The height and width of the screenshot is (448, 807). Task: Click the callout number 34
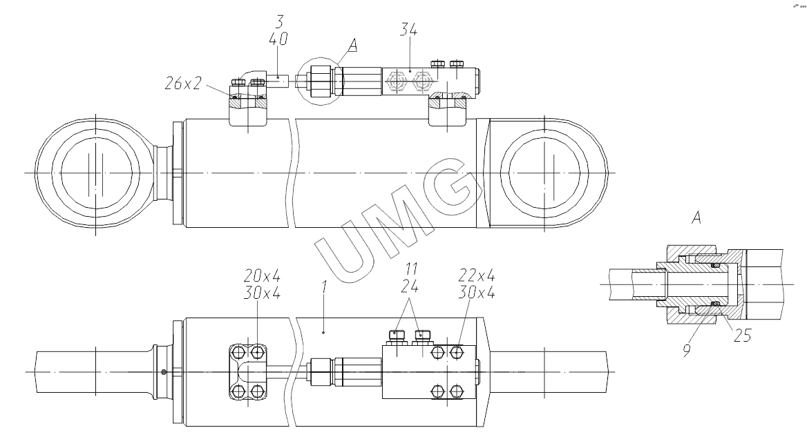[408, 30]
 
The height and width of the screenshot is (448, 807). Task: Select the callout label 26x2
[182, 84]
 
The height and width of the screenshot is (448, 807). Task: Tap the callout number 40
[278, 39]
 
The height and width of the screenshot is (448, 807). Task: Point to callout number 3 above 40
[279, 21]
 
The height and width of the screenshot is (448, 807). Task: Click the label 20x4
[262, 275]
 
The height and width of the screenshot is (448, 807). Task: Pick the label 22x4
[477, 275]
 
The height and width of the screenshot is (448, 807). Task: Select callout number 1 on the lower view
[324, 287]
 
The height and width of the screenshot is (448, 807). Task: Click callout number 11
[410, 269]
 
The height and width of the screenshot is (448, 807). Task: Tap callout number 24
[410, 286]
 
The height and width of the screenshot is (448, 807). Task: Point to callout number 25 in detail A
[743, 336]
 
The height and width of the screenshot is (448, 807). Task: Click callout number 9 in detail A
[687, 351]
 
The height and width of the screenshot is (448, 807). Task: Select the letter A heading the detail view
[696, 217]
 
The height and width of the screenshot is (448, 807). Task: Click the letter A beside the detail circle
[352, 46]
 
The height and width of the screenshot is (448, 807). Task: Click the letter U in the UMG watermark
[345, 249]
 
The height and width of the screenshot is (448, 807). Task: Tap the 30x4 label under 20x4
[262, 293]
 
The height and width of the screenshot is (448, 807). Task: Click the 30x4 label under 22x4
[477, 292]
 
